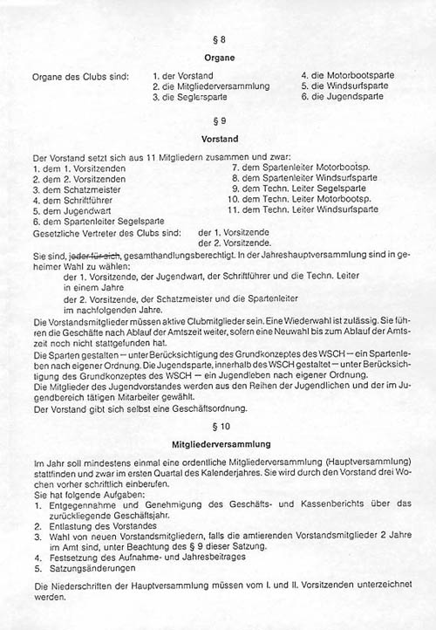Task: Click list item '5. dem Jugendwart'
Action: click(x=68, y=210)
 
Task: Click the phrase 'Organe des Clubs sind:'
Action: click(x=79, y=76)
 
